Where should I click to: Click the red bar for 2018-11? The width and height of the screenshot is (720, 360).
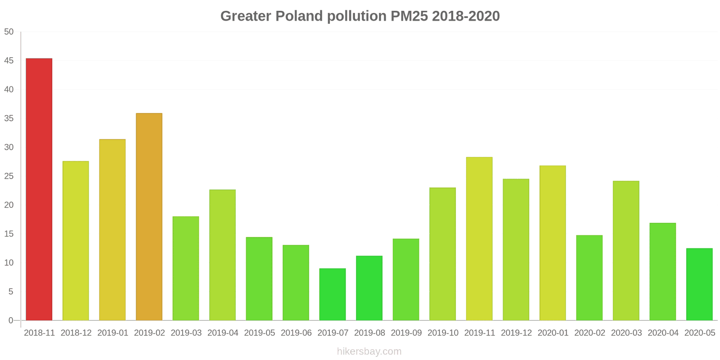coord(39,189)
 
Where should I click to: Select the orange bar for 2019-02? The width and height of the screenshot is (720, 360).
coord(149,216)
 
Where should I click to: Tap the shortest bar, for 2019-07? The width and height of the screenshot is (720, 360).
coord(333,294)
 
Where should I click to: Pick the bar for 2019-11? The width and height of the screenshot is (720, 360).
coord(479,238)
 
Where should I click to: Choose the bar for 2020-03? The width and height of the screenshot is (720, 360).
coord(626,251)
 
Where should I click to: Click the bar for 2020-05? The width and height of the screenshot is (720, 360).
coord(699,284)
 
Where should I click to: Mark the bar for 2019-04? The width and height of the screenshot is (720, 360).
coord(222,255)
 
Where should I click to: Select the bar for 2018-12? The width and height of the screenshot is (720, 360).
coord(76,241)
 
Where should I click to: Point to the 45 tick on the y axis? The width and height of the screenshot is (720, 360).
coord(9,61)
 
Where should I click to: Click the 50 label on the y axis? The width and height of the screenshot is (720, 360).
coord(9,32)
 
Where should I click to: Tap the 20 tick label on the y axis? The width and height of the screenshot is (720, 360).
coord(9,205)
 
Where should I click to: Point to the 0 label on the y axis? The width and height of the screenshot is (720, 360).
coord(11,320)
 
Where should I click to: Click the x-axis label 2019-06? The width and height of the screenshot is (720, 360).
coord(296,333)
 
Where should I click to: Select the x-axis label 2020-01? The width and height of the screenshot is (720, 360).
coord(553,333)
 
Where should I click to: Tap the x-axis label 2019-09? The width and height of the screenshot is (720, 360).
coord(406,333)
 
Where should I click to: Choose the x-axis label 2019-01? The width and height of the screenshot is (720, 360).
coord(112,333)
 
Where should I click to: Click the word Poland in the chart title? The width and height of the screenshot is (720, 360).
coord(299,16)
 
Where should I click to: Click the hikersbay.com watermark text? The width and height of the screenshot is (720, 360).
coord(369,351)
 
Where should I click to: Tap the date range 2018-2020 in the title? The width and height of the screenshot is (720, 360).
coord(466,16)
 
